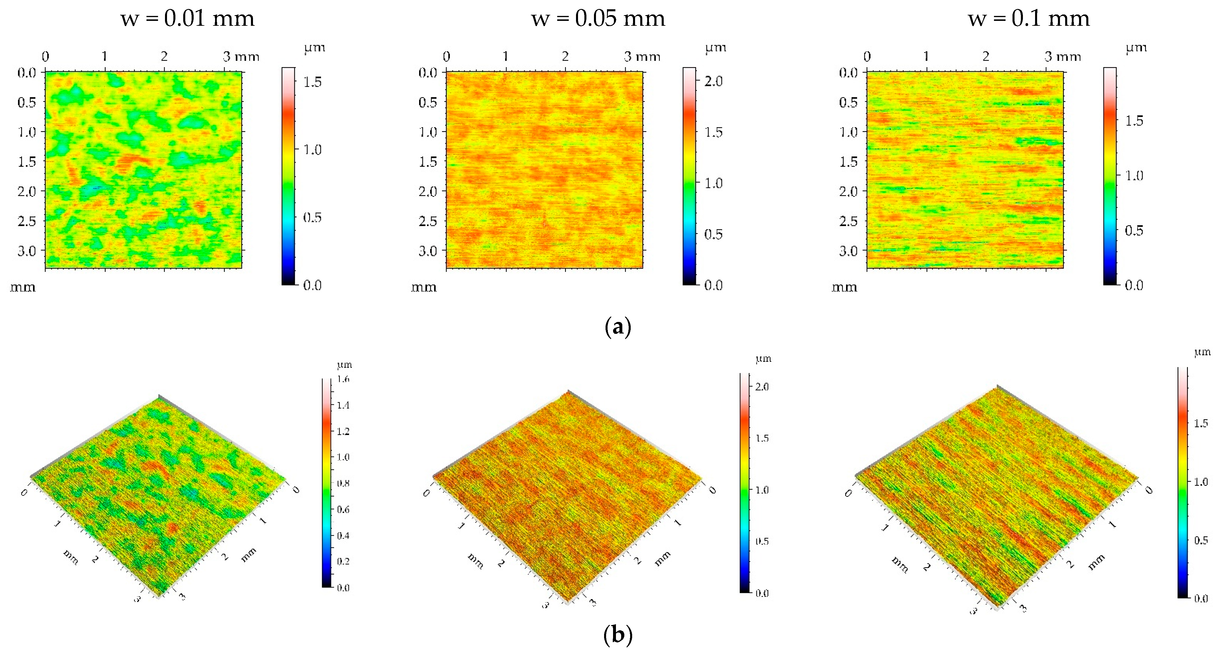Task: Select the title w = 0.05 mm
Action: point(598,19)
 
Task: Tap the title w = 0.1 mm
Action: point(1029,19)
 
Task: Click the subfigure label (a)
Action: point(618,327)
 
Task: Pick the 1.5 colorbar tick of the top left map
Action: point(312,82)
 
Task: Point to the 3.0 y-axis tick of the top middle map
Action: point(428,251)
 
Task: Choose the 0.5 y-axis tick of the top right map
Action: point(848,102)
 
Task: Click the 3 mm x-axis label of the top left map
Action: point(241,57)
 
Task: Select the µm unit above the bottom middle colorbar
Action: point(764,359)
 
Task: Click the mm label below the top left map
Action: point(23,287)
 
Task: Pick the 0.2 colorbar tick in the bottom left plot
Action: point(343,561)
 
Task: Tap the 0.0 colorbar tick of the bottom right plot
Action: point(1201,599)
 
